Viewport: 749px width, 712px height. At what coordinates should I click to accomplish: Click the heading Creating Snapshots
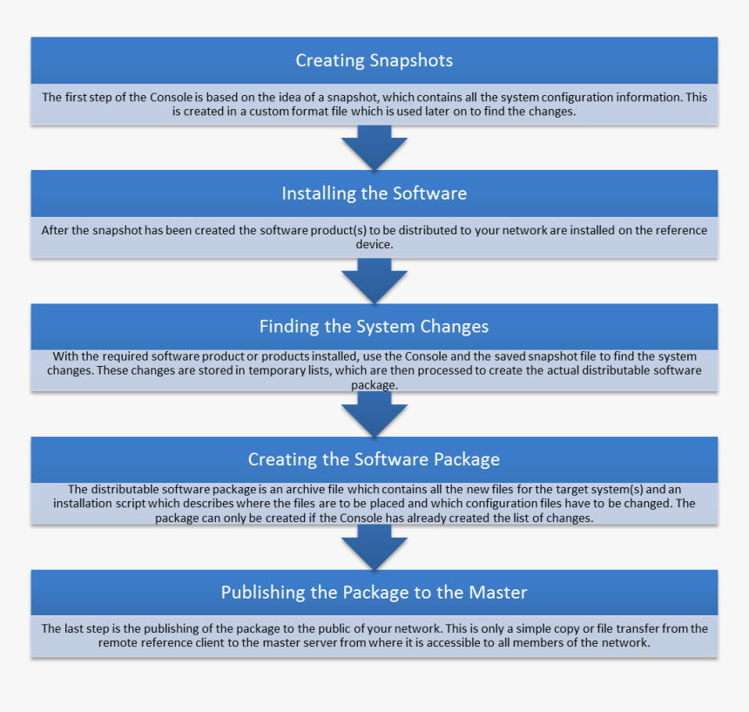374,60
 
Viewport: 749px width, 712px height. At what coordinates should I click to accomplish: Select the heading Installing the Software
374,193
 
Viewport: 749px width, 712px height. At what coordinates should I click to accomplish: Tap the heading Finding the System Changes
374,327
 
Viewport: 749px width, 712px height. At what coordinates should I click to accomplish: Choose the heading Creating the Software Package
374,459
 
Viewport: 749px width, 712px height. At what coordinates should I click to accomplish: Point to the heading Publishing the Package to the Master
374,593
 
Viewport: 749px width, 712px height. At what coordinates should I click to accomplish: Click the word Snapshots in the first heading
411,60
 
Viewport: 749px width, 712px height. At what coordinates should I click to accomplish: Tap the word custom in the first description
272,112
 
